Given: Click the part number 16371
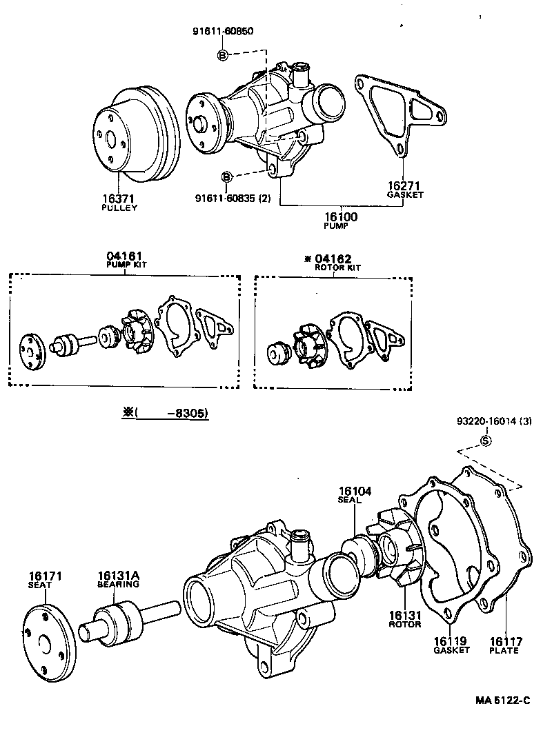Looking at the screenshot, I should coord(119,199).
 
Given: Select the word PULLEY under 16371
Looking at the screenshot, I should coord(119,208).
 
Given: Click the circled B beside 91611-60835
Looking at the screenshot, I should coord(226,178).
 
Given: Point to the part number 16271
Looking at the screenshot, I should coord(404,186).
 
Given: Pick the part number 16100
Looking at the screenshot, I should coord(339,216).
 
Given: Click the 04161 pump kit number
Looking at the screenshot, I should coord(125,256).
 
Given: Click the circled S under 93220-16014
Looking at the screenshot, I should coord(486,441).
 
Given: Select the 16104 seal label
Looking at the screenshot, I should coord(355,492).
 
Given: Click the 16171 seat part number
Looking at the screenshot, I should coord(46,576).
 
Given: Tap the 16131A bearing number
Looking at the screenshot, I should coord(118,576).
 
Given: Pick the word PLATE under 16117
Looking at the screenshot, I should coord(504,650).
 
